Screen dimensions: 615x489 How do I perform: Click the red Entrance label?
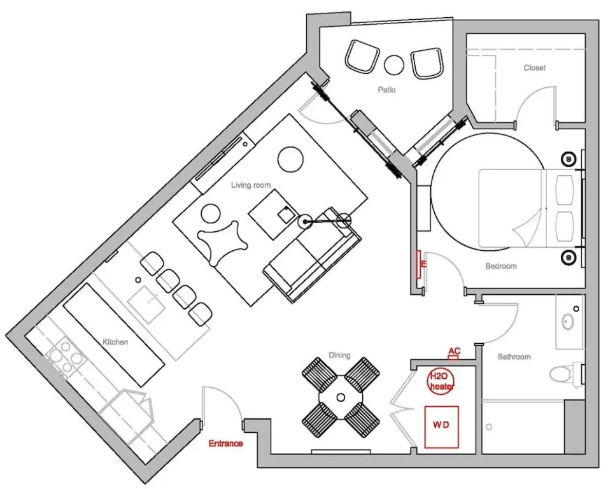[225, 444]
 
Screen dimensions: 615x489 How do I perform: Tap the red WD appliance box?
[442, 427]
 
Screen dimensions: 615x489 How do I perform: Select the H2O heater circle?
[441, 381]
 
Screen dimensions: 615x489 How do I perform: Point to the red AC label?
[454, 351]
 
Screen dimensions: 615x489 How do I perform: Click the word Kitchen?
[115, 342]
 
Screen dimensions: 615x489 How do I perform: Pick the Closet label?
[535, 68]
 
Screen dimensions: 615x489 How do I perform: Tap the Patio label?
[386, 90]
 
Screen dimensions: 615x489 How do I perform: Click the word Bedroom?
[501, 266]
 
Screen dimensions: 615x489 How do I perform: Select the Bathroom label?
[514, 357]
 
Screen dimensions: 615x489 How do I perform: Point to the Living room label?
[251, 185]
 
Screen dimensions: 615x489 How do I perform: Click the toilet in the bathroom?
[563, 374]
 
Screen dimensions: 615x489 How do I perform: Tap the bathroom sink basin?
[567, 322]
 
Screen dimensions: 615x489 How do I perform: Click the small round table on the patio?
[394, 65]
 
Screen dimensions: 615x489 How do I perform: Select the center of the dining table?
[341, 398]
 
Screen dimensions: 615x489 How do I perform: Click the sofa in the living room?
[313, 255]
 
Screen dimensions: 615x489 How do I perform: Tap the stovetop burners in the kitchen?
[66, 357]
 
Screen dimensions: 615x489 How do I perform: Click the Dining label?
[339, 355]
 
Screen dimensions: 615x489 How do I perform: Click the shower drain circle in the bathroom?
[489, 427]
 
